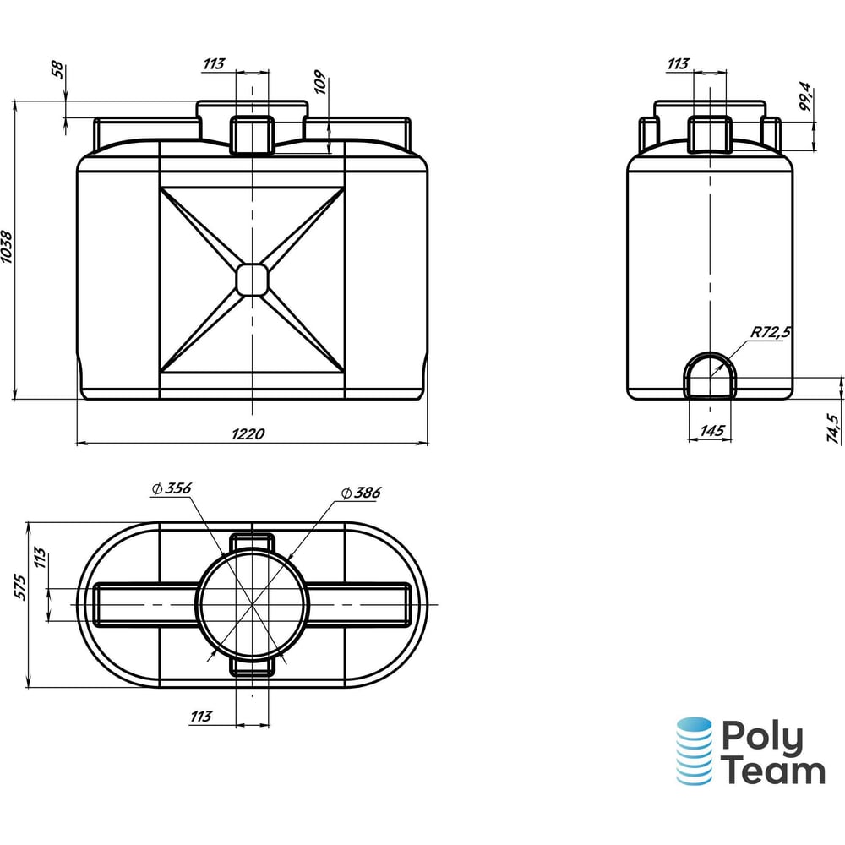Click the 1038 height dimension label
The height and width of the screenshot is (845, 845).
click(7, 247)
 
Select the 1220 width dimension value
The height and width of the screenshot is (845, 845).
click(248, 433)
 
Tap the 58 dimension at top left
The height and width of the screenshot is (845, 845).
click(57, 70)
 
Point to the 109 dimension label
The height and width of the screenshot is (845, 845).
click(320, 82)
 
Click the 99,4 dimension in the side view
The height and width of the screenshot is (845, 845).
click(804, 96)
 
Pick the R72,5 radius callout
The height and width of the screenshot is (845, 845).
click(771, 332)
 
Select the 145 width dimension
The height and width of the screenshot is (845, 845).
click(712, 431)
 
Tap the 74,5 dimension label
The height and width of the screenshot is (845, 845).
click(833, 428)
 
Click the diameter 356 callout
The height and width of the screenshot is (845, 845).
click(172, 488)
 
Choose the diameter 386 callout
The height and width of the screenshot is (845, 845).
click(361, 493)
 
